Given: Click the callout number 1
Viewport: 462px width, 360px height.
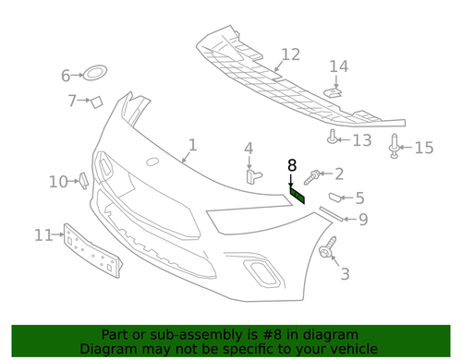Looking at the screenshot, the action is pyautogui.click(x=192, y=145).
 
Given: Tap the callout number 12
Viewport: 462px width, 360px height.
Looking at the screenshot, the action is pyautogui.click(x=290, y=54).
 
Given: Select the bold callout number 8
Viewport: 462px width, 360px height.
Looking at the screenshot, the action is pyautogui.click(x=292, y=166).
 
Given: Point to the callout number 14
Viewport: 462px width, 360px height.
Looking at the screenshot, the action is pyautogui.click(x=339, y=66).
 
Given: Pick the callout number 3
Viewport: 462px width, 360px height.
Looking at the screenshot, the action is pyautogui.click(x=345, y=273).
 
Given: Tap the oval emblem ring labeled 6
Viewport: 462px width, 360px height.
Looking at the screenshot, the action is pyautogui.click(x=96, y=73).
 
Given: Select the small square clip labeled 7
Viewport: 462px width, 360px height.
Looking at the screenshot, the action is pyautogui.click(x=95, y=101).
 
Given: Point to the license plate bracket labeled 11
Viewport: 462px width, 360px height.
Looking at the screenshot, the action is pyautogui.click(x=92, y=250).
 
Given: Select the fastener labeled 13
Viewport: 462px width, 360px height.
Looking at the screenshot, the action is pyautogui.click(x=331, y=138).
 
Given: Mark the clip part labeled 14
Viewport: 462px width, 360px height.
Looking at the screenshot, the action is pyautogui.click(x=334, y=90).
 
